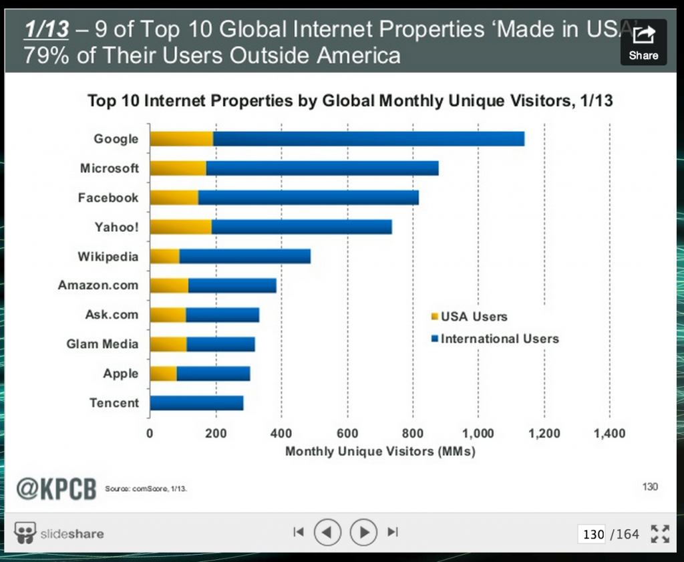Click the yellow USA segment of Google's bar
tap(181, 139)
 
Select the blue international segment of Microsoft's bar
tap(322, 168)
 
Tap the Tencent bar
tap(196, 403)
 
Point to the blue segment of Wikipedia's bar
tap(244, 257)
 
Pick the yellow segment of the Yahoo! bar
tap(180, 227)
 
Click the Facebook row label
tap(108, 198)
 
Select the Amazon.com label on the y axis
tap(98, 285)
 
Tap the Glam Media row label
tap(103, 344)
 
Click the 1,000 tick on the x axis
tap(478, 434)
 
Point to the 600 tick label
tap(347, 434)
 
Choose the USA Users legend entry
tap(470, 317)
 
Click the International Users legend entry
tap(495, 339)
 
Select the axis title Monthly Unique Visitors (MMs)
tap(380, 452)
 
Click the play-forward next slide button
tap(364, 532)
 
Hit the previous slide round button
tap(327, 532)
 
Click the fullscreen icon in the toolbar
tap(660, 533)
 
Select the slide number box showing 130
tap(593, 534)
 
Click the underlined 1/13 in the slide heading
tap(46, 29)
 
